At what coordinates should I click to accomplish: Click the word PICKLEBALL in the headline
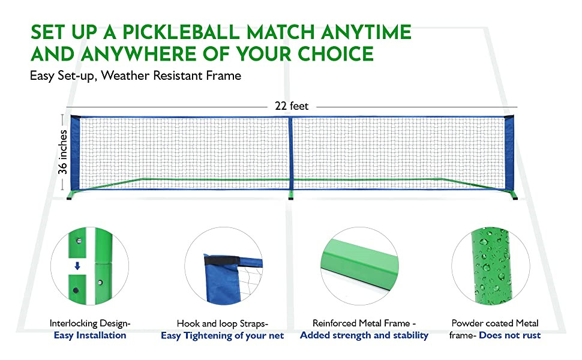coord(181,32)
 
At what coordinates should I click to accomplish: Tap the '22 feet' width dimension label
coord(292,106)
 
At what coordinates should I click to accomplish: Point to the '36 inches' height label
coord(63,152)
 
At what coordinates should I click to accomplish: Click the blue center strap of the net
coord(290,153)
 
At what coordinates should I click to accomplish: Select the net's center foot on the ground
coord(290,195)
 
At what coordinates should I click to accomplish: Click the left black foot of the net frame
coord(69,198)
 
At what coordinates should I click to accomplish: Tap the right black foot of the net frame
coord(515,198)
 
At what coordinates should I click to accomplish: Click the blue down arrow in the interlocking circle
coord(77,266)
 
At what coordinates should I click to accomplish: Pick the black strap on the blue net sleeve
coord(220,260)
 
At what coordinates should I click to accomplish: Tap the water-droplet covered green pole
coord(491,266)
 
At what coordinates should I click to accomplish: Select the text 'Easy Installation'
coord(90,335)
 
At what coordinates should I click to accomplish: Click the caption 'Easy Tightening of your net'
coord(223,336)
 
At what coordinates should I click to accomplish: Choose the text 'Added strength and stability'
coord(364,335)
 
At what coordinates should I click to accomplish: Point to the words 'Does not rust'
coord(509,335)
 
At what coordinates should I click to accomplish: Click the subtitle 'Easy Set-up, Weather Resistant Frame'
coord(136,76)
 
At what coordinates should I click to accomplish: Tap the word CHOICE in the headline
coord(335,54)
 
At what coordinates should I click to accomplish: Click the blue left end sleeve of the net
coord(76,153)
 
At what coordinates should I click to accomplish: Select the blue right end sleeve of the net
coord(509,153)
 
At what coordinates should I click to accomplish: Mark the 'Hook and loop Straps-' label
coord(223,323)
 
